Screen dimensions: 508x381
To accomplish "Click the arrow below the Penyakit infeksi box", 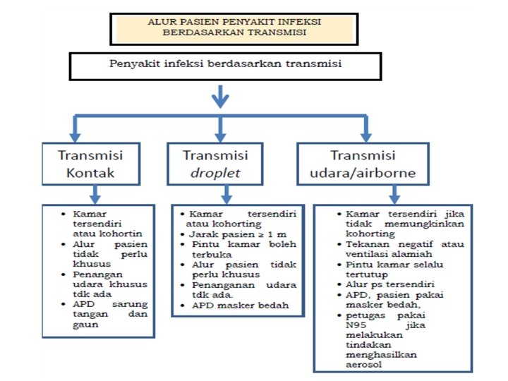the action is tap(220, 96).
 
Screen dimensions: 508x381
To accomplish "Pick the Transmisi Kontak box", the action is tap(91, 164).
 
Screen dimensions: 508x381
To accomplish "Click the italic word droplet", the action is tap(215, 173).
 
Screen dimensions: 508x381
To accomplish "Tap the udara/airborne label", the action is tap(363, 173).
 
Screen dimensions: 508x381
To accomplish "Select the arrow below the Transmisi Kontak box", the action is tap(95, 195).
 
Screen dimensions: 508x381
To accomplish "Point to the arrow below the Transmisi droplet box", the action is tap(226, 195).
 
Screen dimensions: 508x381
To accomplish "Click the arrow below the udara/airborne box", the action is tap(394, 195).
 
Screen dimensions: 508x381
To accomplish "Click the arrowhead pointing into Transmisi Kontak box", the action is tap(75, 137).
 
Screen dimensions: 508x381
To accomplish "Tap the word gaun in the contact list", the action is tap(85, 325).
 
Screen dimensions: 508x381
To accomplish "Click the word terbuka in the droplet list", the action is tap(212, 255).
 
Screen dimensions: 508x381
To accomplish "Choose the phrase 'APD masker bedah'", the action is tap(240, 306).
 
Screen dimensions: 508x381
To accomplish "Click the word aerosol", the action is tap(364, 365).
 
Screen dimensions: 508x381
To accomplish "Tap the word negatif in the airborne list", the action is tap(416, 244).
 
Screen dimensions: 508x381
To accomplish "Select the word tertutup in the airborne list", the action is tap(367, 274).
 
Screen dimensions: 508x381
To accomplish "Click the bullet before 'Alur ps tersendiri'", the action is tap(339, 285).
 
